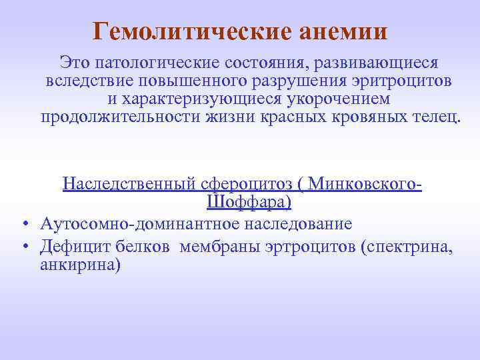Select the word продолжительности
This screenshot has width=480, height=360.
[x=117, y=117]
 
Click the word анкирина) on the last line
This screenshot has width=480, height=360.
[x=81, y=265]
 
